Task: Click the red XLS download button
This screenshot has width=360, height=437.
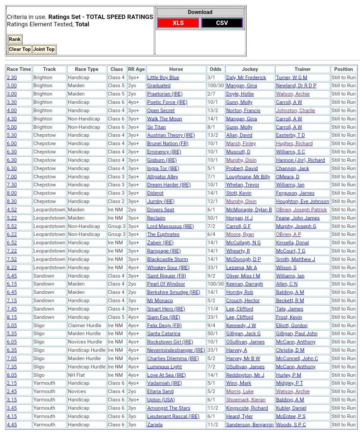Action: click(x=178, y=23)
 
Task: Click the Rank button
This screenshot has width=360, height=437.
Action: click(x=15, y=39)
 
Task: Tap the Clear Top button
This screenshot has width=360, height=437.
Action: click(x=20, y=49)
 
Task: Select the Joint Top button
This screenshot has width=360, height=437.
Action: click(x=44, y=49)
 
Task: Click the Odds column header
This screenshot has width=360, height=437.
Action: click(x=215, y=69)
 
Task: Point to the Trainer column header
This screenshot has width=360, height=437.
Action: click(x=302, y=69)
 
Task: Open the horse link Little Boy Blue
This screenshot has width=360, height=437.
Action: click(x=163, y=78)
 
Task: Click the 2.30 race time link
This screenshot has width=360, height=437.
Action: click(x=12, y=78)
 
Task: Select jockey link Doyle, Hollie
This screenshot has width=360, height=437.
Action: click(x=239, y=94)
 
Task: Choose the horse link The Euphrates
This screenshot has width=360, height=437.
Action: click(x=163, y=235)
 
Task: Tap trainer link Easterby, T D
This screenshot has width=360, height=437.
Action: click(x=290, y=135)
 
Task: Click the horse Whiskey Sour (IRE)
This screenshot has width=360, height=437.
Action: click(x=168, y=267)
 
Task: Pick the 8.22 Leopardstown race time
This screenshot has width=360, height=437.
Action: click(x=12, y=267)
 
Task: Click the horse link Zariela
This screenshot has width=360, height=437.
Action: click(x=155, y=425)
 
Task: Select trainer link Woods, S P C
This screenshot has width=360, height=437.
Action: click(x=291, y=425)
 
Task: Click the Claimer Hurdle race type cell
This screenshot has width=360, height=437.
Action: click(x=86, y=326)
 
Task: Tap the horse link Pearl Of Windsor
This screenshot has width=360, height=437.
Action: click(x=166, y=284)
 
